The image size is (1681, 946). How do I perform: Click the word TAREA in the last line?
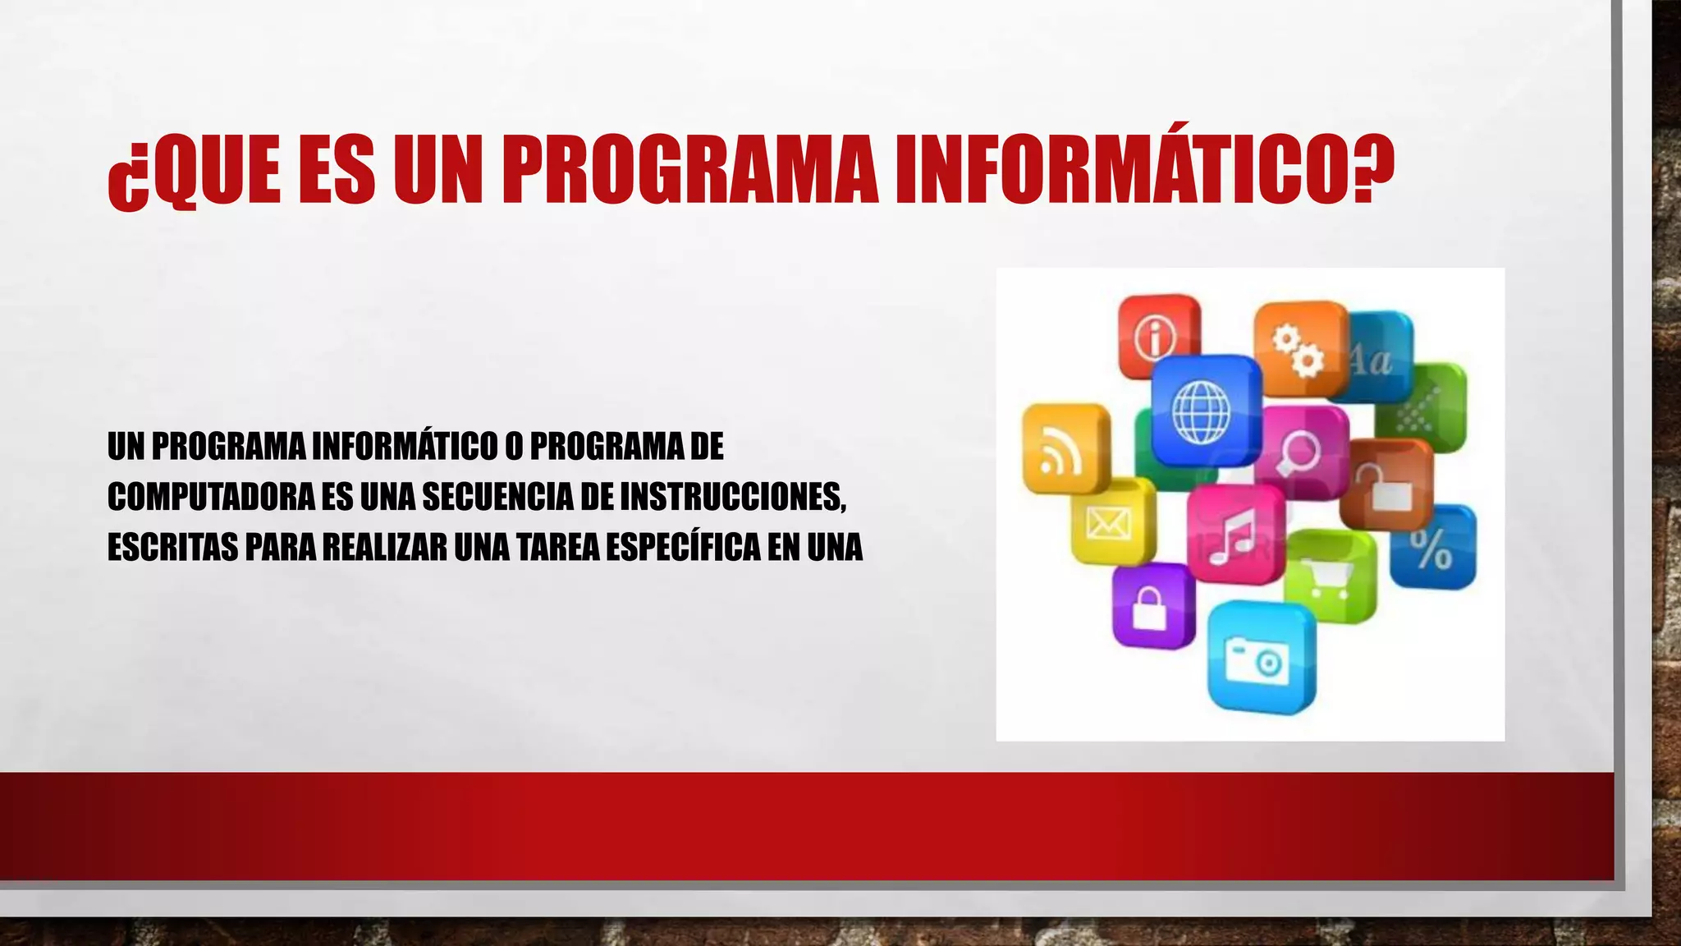click(558, 548)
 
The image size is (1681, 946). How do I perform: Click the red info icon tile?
click(1157, 335)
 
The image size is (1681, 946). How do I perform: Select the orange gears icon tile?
click(1299, 348)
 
